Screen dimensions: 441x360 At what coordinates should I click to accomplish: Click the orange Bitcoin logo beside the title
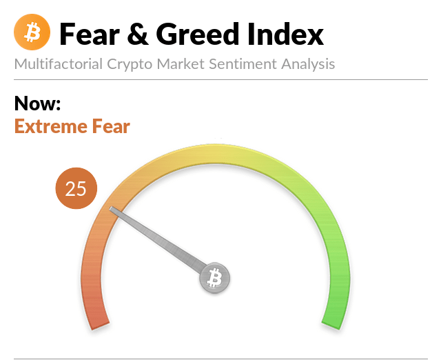point(32,32)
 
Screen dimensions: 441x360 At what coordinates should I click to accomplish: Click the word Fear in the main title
point(90,34)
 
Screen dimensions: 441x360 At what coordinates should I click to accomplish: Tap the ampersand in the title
point(138,34)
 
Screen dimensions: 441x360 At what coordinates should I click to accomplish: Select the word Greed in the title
point(198,34)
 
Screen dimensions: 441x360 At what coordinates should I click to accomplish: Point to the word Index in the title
point(285,34)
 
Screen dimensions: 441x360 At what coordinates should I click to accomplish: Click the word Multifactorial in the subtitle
point(58,64)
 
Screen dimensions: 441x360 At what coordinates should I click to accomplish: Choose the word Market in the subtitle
point(181,64)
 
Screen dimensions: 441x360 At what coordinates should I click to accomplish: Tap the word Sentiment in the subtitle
point(243,64)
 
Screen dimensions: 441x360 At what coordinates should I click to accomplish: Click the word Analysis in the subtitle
point(308,65)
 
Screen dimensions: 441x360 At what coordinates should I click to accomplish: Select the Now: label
point(37,103)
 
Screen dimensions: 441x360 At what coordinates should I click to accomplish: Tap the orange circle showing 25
point(76,188)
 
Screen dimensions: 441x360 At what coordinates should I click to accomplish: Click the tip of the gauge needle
point(111,208)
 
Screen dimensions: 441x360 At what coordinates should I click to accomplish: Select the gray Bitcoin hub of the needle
point(214,278)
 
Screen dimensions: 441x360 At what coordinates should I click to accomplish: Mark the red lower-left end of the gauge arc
point(99,324)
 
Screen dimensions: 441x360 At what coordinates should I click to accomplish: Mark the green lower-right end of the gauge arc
point(331,324)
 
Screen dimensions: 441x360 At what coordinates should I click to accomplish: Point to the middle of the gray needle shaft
point(159,241)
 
